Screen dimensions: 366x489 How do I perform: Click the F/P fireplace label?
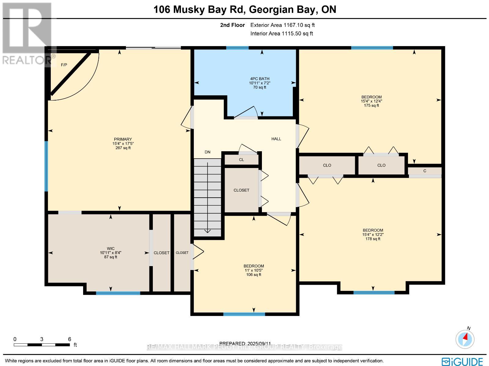(64, 65)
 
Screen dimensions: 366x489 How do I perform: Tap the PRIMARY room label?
(123, 139)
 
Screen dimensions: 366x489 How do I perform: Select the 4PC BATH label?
(259, 79)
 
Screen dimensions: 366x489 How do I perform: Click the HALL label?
(276, 139)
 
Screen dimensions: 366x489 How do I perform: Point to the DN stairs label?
(208, 152)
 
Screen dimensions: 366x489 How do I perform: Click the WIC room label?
(111, 248)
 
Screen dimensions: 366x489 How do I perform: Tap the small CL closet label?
(241, 159)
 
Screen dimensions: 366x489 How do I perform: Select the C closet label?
(425, 171)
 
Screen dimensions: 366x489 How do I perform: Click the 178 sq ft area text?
(373, 239)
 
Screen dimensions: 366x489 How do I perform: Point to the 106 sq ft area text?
(254, 275)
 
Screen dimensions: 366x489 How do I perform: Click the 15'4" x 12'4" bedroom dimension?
(371, 101)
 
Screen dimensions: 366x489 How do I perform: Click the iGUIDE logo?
(462, 361)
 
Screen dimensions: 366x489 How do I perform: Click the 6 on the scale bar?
(70, 339)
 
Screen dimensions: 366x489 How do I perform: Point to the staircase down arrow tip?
(208, 232)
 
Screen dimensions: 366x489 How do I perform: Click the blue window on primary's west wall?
(46, 166)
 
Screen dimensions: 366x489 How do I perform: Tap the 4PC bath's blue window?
(237, 48)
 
